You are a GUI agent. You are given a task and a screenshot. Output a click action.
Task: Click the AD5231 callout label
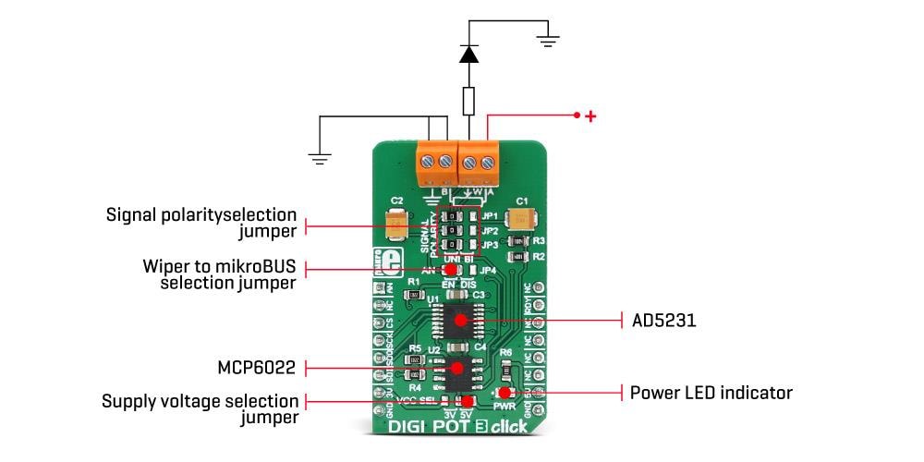tap(663, 321)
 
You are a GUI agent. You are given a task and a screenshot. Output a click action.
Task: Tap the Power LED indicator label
tap(711, 393)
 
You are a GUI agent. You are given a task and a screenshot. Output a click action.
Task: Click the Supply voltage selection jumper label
tap(201, 409)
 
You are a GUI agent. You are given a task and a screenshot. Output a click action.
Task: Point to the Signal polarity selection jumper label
tap(201, 223)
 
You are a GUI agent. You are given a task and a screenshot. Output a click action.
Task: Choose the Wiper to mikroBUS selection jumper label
tap(219, 274)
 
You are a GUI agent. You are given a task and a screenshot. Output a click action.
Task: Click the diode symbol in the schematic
tap(469, 55)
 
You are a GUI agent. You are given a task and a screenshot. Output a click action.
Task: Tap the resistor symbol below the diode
tap(469, 99)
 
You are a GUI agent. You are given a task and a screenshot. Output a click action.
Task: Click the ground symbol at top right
tap(548, 40)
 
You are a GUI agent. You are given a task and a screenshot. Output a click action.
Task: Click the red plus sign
tap(591, 116)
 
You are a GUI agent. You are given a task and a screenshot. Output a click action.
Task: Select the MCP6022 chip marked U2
tap(456, 369)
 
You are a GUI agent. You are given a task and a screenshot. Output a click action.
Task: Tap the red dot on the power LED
tap(505, 393)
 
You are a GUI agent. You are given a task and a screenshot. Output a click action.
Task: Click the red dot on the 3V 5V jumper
tap(468, 402)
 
